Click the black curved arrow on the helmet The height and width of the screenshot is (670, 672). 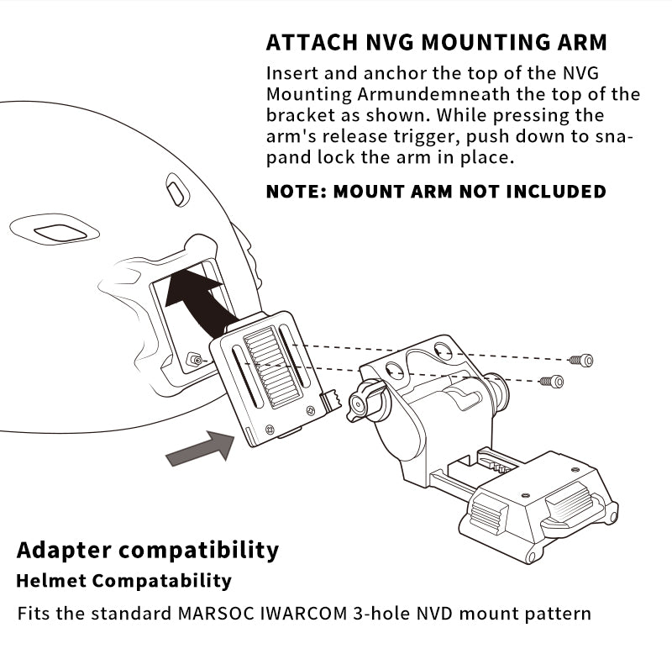(200, 298)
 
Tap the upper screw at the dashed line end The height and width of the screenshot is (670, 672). (581, 360)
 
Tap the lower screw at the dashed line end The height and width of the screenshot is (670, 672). (552, 382)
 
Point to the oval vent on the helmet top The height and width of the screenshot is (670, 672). (177, 190)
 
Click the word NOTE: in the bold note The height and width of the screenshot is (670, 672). (296, 192)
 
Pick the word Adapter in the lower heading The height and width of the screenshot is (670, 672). (64, 551)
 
